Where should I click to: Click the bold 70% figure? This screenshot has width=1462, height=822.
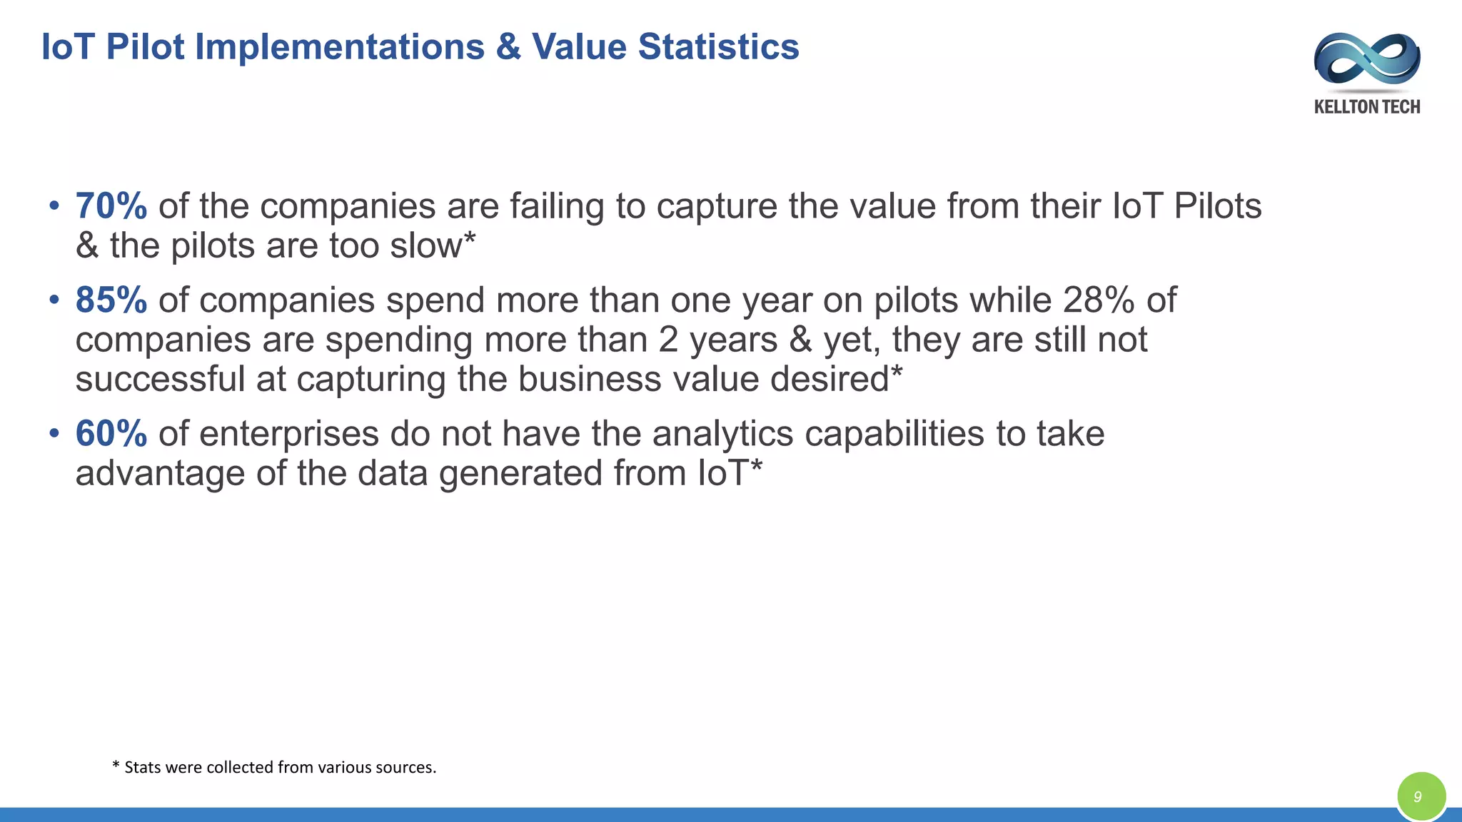tap(111, 206)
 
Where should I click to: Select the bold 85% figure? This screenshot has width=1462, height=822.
tap(111, 300)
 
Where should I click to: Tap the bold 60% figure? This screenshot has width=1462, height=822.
tap(111, 434)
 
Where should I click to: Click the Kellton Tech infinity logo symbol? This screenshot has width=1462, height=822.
tap(1366, 61)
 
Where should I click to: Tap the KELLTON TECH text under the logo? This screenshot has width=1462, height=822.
tap(1366, 107)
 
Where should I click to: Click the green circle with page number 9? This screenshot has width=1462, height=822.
tap(1421, 796)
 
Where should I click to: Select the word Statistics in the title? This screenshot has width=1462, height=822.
tap(718, 47)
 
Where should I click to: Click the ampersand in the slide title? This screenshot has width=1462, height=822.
tap(508, 47)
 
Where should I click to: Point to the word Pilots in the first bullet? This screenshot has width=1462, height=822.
tap(1218, 206)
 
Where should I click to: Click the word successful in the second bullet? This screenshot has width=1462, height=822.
tap(160, 379)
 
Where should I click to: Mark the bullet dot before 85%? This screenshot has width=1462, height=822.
tap(54, 300)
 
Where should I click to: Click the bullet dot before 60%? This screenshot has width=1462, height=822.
tap(54, 434)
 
